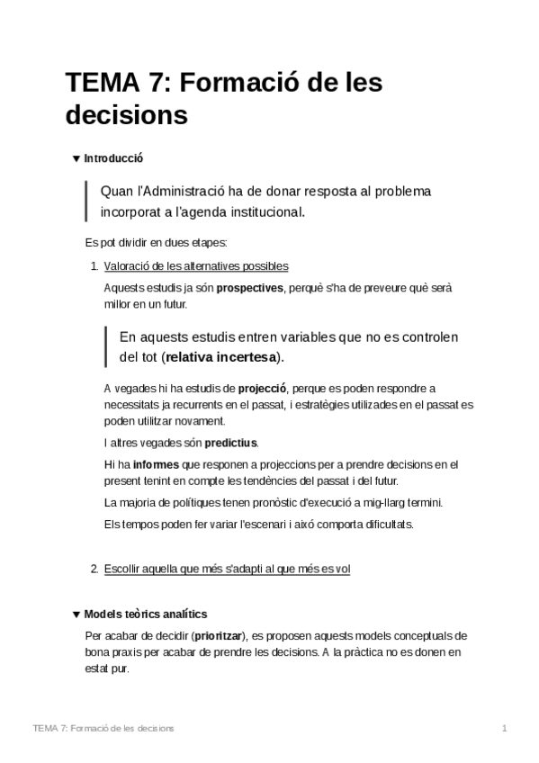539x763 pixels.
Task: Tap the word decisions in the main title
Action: [x=126, y=116]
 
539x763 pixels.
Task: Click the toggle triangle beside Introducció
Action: [x=76, y=158]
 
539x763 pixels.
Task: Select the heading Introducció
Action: [x=114, y=158]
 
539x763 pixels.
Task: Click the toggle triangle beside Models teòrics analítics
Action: [x=76, y=615]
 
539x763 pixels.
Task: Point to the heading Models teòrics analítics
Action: [x=145, y=615]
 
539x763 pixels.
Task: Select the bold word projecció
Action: [x=262, y=389]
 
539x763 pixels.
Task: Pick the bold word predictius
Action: [x=230, y=443]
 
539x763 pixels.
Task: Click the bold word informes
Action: [x=155, y=465]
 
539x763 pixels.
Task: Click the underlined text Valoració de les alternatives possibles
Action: [x=196, y=265]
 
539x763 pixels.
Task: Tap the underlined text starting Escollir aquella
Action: [x=227, y=569]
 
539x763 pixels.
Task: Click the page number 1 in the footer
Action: [x=506, y=727]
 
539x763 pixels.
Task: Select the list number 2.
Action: [x=94, y=569]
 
